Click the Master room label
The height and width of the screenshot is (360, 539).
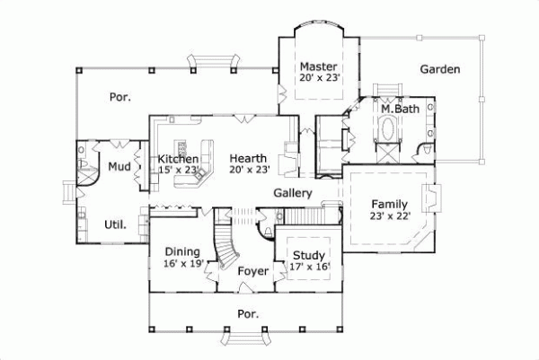point(318,66)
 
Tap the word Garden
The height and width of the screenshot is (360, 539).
point(440,69)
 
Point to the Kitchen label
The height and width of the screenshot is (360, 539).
point(178,158)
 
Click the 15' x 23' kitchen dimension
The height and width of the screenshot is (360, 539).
point(178,169)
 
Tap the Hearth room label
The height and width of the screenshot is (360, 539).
point(244,158)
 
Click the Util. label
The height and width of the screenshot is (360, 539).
point(115,223)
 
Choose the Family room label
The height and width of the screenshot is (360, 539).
point(389,203)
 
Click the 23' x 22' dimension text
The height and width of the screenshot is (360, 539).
point(389,215)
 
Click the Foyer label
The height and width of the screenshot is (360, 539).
point(253,269)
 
